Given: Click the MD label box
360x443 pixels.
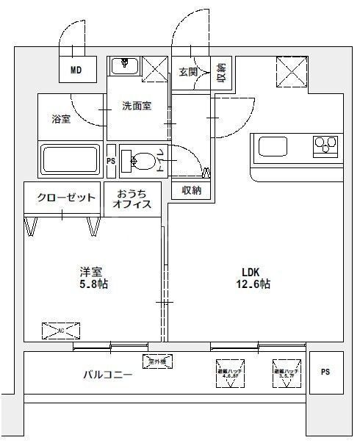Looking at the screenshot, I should pos(76,71).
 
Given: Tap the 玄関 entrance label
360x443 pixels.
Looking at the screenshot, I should pos(187,71).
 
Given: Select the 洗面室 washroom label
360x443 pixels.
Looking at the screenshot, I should pos(137,106).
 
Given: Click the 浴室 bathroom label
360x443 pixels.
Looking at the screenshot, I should pos(61,119).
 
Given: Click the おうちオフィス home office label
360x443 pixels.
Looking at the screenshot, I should pos(132,199).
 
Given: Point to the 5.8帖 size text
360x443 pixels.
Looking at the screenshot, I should pos(93,284).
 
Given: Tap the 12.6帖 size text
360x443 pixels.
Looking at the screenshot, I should pos(254,284).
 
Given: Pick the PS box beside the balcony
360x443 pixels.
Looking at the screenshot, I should pos(325,372).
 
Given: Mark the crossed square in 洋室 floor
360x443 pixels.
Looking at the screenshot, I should pos(57,330).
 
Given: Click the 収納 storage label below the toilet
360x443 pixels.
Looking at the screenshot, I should pos(192,190).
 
